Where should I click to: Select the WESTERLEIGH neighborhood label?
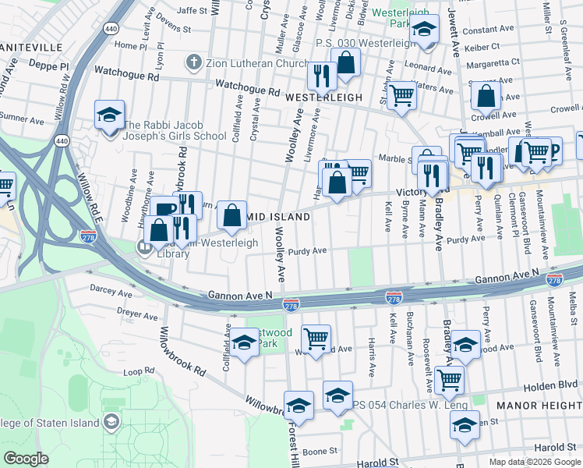[x=324, y=97]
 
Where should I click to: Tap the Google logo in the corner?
[x=26, y=459]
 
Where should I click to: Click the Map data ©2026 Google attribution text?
[x=534, y=462]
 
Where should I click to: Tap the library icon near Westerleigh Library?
[x=144, y=250]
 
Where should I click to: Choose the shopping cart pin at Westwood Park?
[x=316, y=339]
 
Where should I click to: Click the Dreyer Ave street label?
[x=115, y=315]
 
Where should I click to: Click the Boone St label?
[x=320, y=451]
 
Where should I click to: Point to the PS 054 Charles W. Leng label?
[x=410, y=405]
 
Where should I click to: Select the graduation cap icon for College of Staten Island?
[x=111, y=423]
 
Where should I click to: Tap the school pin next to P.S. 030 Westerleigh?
[x=425, y=30]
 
